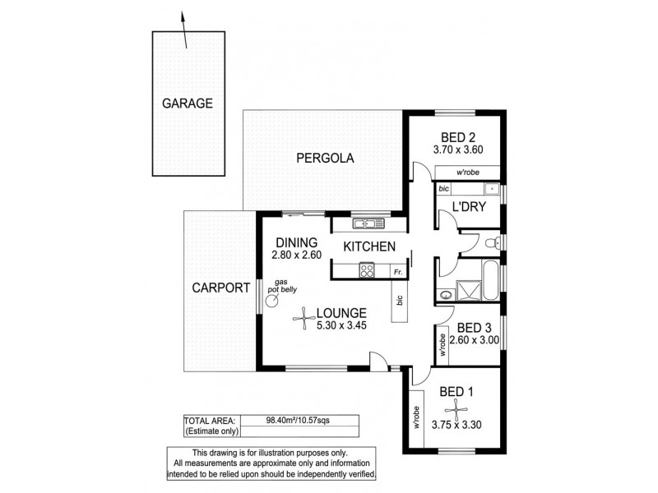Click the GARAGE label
187,104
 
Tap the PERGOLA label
326,159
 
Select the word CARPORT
220,288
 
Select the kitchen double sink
364,223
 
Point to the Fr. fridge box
396,270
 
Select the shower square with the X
470,292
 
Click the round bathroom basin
446,293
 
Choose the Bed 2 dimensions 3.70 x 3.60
458,150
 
